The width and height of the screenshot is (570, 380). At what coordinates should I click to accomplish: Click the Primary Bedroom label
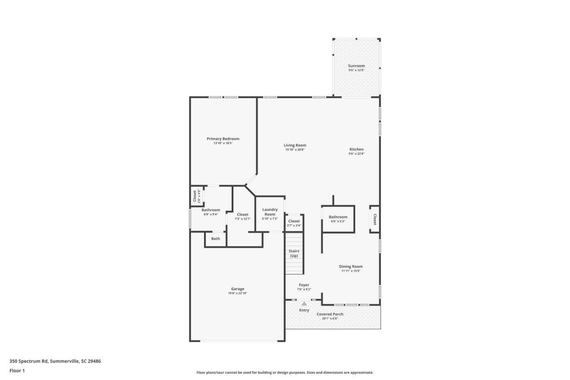223,139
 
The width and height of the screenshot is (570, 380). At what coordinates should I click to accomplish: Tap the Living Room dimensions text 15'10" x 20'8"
295,150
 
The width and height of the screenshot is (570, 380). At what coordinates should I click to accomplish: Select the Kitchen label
356,149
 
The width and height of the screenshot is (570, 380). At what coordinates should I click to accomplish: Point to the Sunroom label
356,65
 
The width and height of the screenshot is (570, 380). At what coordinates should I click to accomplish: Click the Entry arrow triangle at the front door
304,304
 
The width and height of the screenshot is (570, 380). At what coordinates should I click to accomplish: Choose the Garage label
237,289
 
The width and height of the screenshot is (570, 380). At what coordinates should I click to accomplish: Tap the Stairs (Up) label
294,253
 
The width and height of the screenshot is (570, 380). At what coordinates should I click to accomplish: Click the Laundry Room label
270,212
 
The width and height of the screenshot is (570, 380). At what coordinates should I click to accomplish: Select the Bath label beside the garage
216,238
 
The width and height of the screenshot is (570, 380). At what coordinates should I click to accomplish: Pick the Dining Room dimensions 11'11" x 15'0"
350,271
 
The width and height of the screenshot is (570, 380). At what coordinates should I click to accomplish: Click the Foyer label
304,285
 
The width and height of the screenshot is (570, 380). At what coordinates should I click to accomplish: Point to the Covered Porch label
330,314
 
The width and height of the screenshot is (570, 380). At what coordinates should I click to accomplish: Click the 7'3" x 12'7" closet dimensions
243,219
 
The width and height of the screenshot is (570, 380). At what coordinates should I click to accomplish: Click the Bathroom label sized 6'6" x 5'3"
338,217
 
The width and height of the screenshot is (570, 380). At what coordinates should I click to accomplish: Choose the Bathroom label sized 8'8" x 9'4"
211,210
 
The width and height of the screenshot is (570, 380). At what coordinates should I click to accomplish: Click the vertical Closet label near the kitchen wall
375,219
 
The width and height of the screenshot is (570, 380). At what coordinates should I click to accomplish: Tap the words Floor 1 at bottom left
17,371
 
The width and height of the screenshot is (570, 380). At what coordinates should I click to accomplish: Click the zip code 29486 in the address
94,361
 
